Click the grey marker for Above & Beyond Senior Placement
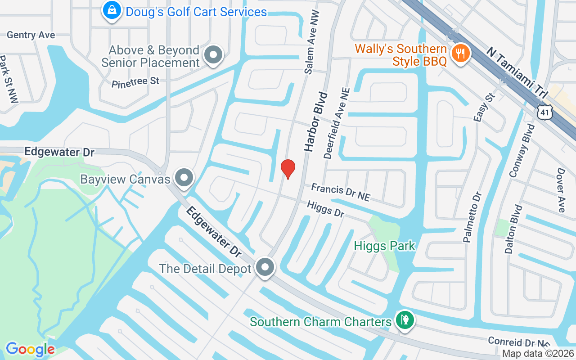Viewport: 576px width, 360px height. point(213,55)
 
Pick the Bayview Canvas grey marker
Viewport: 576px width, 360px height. point(183,178)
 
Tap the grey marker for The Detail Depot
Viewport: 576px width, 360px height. point(265,267)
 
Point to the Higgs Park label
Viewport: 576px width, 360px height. point(384,246)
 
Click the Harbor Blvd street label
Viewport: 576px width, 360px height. point(315,121)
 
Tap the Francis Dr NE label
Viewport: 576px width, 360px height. point(341,192)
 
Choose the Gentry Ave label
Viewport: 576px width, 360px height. point(31,35)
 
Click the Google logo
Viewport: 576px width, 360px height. point(30,349)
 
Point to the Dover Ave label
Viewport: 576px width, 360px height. point(561,190)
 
